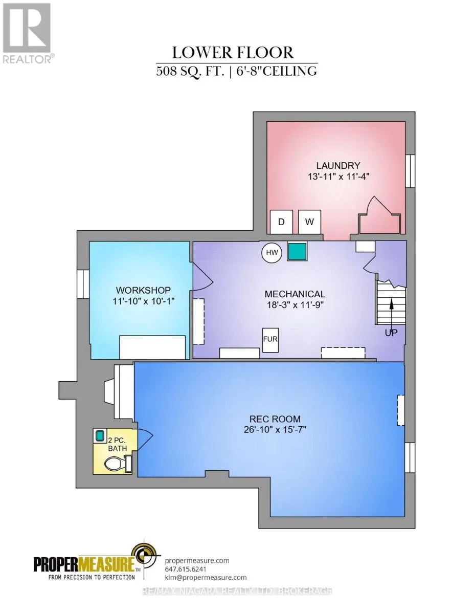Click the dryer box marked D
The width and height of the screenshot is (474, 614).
281,222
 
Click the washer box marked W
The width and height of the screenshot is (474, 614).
309,222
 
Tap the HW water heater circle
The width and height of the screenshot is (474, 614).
272,252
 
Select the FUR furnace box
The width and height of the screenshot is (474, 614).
270,340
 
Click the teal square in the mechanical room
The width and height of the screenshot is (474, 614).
297,251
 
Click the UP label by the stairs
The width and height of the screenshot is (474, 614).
391,333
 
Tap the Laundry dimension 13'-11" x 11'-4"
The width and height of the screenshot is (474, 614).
338,177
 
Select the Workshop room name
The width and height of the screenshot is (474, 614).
143,290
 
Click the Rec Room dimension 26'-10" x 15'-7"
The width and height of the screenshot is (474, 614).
275,430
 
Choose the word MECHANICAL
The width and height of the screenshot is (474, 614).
295,294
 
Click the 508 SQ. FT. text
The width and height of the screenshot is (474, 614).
190,71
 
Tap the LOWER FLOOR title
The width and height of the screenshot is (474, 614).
233,53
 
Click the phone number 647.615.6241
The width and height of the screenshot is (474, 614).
186,568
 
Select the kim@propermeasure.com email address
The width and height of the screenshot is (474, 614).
206,577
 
